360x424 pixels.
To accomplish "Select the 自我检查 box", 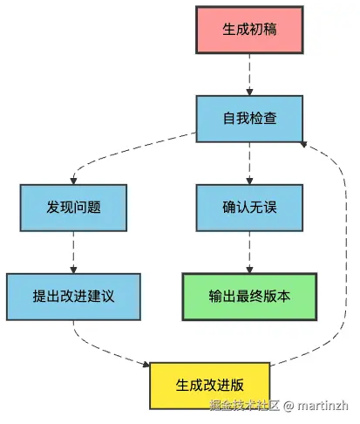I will [x=249, y=117].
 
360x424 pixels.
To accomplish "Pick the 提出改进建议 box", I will [x=73, y=297].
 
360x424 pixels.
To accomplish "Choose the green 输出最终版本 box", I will [x=249, y=297].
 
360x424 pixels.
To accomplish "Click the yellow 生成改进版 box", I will [x=210, y=384].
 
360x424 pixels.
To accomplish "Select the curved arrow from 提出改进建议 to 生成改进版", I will [x=105, y=349].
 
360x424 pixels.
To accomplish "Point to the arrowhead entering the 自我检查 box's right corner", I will [x=304, y=141].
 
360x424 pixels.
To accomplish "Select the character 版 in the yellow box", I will [x=238, y=384].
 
